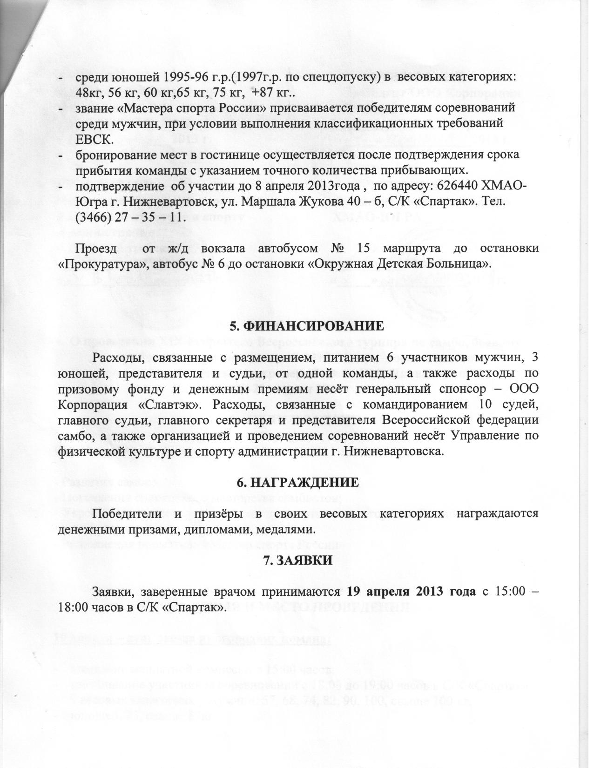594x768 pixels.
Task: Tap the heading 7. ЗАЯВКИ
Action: [298, 560]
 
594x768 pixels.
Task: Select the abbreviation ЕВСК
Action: [94, 139]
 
